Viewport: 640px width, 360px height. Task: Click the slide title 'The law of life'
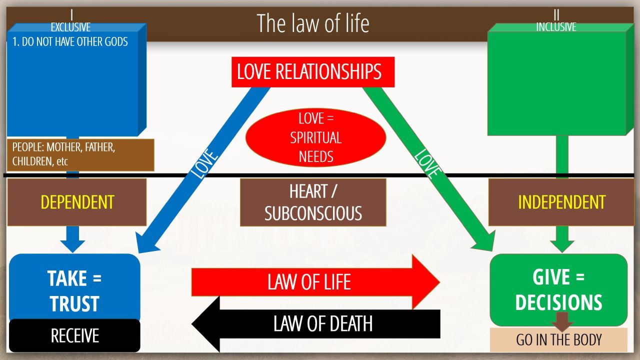tap(312, 23)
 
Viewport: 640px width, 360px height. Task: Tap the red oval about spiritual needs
tap(316, 137)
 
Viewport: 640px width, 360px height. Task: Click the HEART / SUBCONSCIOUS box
tap(313, 202)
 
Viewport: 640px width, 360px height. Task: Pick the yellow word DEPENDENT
tap(77, 202)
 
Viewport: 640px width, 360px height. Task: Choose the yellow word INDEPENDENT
tap(561, 202)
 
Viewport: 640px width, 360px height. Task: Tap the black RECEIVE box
tap(74, 335)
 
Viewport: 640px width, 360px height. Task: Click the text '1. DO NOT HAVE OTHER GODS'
tap(70, 41)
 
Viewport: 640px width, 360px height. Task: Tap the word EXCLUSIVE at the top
tap(70, 27)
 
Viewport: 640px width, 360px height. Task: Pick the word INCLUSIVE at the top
tap(556, 27)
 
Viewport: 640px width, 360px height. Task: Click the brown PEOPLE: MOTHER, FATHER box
tap(80, 155)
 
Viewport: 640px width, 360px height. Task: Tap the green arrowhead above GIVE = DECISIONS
tap(562, 245)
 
